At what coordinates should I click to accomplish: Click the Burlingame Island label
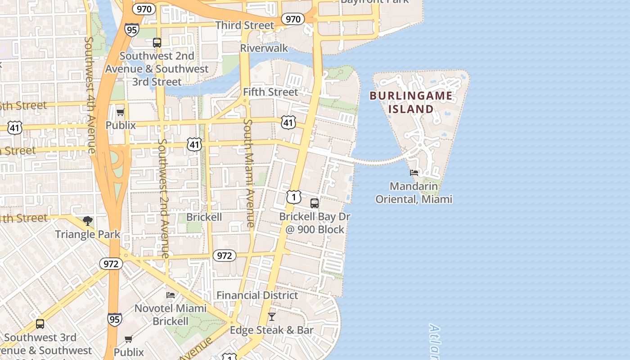411,102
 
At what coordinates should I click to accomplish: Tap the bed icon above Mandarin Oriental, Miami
414,172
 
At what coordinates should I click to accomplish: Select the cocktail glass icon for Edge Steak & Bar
272,317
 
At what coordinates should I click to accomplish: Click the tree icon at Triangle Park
88,221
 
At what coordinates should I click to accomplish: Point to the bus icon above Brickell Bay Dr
315,203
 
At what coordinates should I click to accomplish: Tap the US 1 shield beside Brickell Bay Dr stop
293,197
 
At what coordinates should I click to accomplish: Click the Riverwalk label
264,48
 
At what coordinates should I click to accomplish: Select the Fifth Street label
270,92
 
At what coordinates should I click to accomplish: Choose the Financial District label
257,295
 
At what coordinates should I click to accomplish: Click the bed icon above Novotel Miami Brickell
171,295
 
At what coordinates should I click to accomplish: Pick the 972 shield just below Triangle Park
111,264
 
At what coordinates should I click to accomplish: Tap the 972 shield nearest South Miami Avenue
224,256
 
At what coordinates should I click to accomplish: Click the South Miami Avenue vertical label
249,173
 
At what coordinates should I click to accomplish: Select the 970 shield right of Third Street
293,19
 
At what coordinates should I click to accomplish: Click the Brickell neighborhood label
204,217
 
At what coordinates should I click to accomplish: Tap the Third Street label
245,25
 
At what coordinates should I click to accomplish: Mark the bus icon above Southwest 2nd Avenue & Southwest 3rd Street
157,43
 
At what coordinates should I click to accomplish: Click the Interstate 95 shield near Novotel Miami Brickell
114,319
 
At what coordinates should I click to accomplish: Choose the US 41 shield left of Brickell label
194,144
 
